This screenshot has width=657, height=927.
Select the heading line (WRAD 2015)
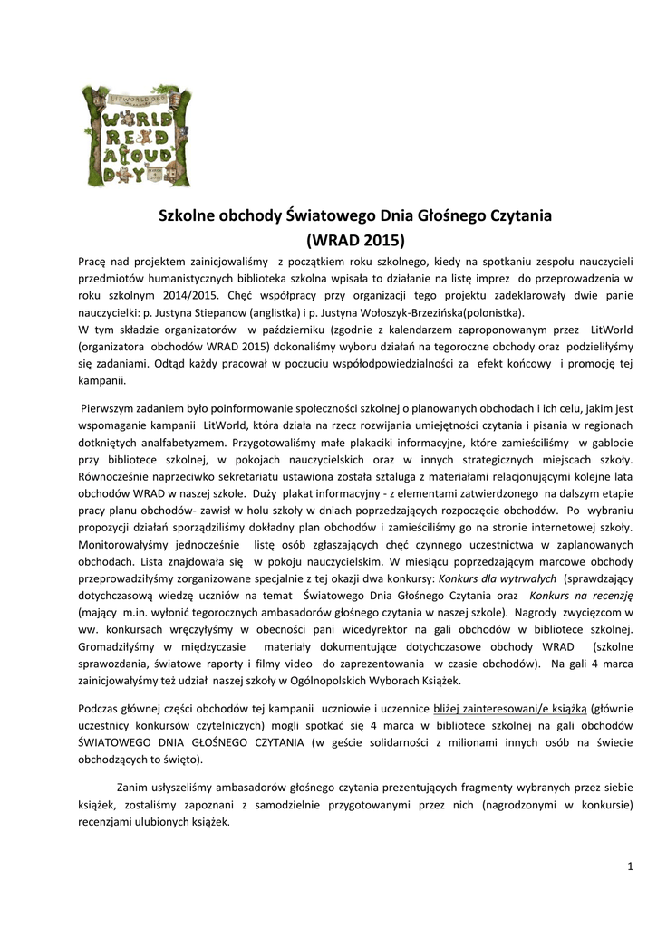click(x=355, y=240)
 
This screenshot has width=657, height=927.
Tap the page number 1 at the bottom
click(x=630, y=867)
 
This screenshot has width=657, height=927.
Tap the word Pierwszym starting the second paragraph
click(x=112, y=408)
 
